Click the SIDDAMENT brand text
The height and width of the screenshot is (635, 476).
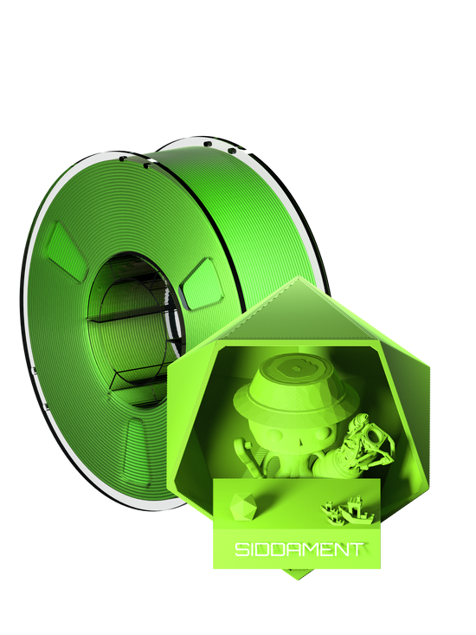(298, 549)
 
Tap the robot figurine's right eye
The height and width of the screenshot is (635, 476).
(320, 434)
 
